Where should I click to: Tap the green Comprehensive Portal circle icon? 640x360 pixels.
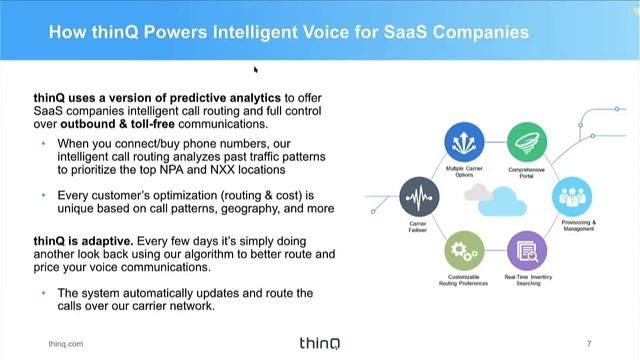point(526,141)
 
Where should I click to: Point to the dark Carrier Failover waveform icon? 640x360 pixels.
point(418,195)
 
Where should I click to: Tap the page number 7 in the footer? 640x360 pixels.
point(589,344)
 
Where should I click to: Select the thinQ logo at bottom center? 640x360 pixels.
point(320,343)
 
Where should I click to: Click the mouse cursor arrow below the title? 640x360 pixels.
point(256,70)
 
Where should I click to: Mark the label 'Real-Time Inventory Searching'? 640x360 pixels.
point(526,280)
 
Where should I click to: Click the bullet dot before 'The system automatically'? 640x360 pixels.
point(43,293)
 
